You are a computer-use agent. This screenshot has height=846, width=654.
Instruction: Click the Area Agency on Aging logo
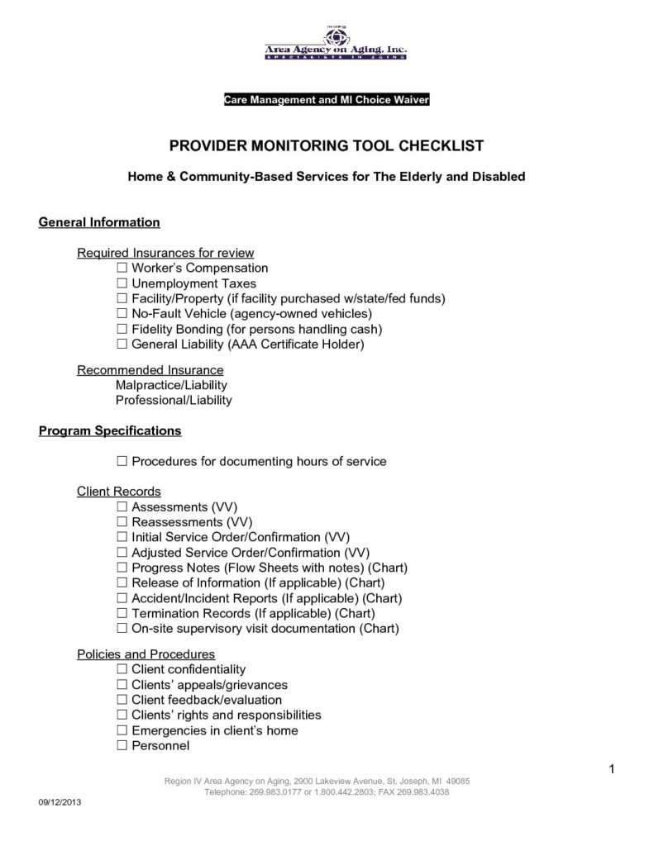(335, 45)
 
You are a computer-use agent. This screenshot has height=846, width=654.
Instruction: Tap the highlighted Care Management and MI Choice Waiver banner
(327, 100)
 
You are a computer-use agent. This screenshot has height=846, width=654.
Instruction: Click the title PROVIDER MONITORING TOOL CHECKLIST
(327, 146)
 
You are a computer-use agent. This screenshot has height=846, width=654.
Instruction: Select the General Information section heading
(99, 223)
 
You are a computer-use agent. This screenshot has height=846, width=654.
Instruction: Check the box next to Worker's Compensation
(122, 269)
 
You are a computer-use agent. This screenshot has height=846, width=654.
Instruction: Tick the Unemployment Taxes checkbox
(122, 283)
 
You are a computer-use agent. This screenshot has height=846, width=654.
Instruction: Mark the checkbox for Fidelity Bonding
(122, 329)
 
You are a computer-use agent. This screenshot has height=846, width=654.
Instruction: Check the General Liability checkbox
(122, 344)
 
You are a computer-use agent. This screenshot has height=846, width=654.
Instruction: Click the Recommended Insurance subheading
(150, 370)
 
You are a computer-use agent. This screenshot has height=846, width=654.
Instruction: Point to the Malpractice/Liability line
(171, 385)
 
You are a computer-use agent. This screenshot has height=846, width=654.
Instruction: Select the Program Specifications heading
(110, 431)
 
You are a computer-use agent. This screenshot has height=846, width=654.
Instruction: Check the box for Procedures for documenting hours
(122, 461)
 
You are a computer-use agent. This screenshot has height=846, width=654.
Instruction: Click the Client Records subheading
(119, 492)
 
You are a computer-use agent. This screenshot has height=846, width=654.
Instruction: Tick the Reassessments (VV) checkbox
(122, 522)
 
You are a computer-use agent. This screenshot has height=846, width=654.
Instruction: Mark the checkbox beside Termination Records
(122, 613)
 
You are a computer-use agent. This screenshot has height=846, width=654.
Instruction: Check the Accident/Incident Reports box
(122, 598)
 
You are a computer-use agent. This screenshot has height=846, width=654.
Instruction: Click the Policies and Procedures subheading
(146, 654)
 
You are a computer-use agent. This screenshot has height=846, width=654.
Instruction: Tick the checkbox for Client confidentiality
(122, 669)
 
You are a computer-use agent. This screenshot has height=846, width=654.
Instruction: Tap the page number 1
(611, 771)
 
